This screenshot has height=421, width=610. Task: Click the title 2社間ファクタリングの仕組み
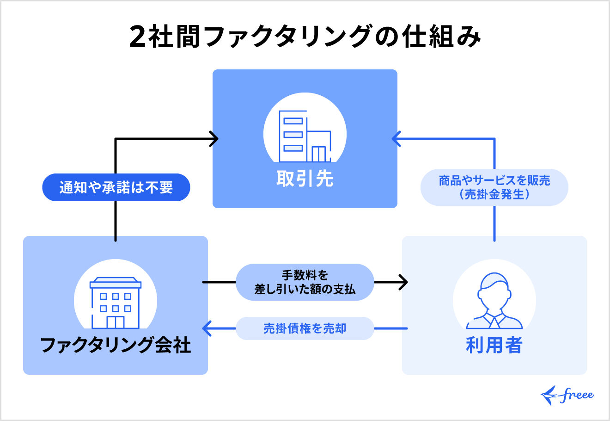305,36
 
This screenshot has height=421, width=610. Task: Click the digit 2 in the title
138,37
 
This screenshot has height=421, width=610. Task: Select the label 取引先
305,179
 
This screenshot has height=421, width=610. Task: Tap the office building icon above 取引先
305,136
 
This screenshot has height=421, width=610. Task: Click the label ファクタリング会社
116,345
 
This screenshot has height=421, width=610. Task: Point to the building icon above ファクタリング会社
116,303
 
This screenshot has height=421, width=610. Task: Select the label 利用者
494,345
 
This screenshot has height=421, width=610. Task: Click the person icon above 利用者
494,301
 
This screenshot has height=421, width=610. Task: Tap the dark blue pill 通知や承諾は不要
116,187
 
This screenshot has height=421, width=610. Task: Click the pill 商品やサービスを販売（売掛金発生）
494,187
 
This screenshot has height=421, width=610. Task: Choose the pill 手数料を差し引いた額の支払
305,282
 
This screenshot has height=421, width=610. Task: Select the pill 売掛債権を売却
305,328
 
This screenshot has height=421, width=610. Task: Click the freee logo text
576,395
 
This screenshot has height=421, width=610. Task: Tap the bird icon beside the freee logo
549,395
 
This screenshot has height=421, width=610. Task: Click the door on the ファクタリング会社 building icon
116,322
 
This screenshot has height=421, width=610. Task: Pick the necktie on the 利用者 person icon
494,322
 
